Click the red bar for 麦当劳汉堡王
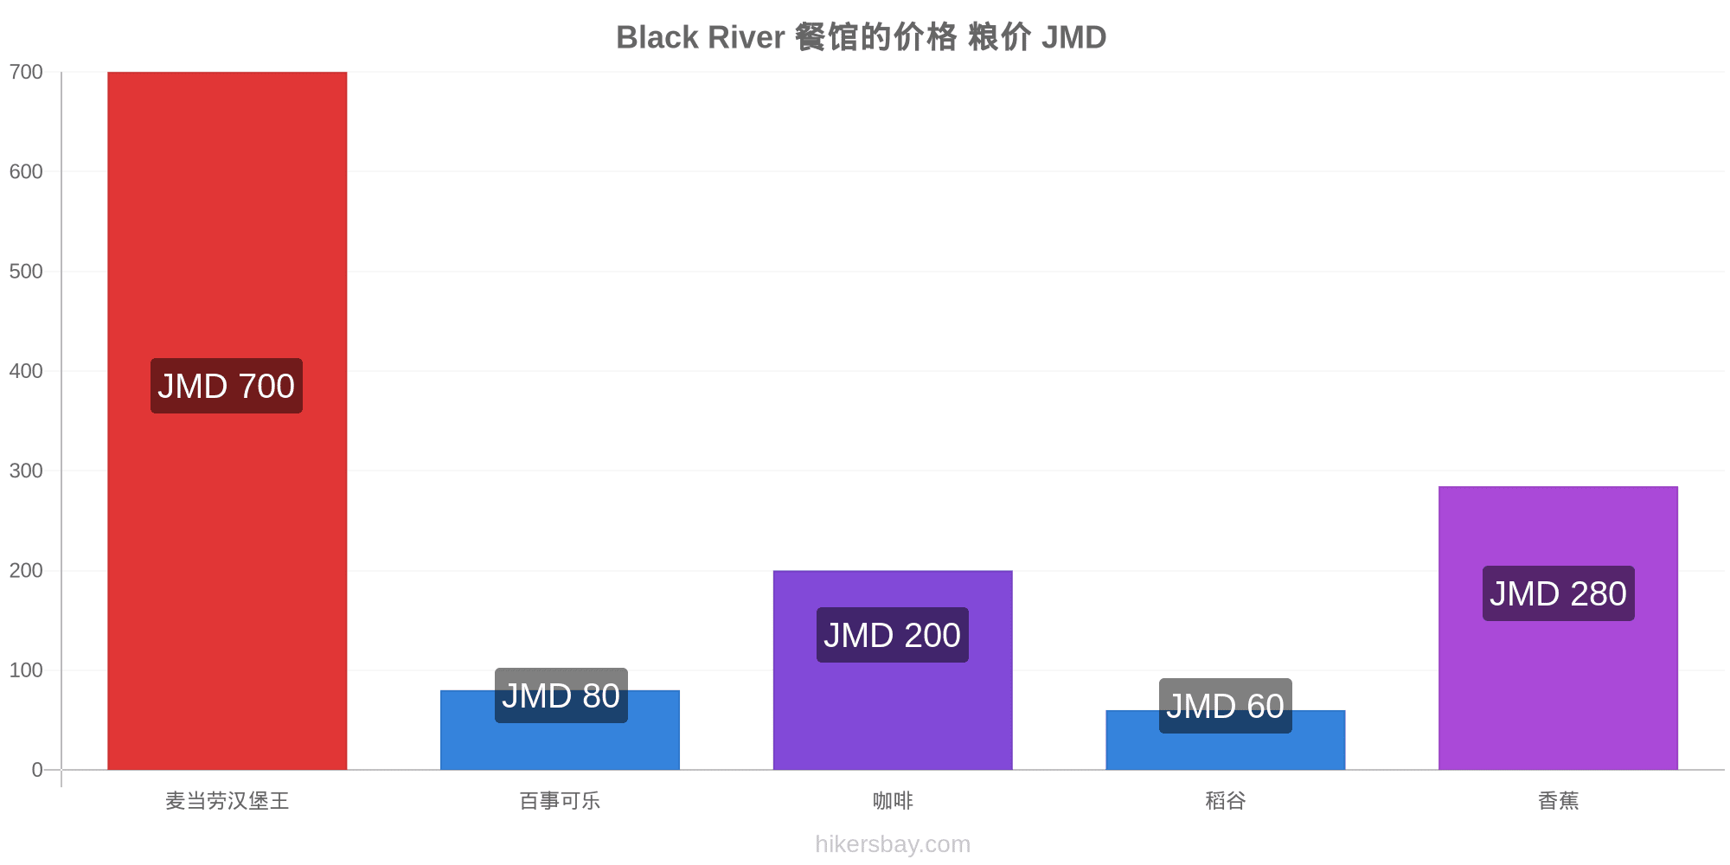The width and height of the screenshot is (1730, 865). [227, 420]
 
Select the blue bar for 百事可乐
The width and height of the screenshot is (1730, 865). [560, 730]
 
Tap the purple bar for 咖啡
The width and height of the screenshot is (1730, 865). [893, 670]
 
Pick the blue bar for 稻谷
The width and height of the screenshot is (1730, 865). [1225, 740]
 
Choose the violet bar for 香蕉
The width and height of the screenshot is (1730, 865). [1558, 628]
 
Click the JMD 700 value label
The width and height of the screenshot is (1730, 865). [227, 386]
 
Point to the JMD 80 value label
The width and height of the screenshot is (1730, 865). [561, 695]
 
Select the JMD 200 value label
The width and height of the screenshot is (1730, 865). [893, 635]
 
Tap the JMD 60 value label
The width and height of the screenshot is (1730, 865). [1226, 706]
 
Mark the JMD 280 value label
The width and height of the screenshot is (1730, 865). [1559, 593]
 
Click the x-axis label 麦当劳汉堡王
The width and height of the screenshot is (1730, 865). [227, 801]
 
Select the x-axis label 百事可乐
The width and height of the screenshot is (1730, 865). [560, 801]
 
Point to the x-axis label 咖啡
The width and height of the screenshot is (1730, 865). [893, 801]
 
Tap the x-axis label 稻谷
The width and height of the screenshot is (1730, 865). [1226, 801]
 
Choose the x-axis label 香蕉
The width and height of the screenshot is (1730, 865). [1559, 801]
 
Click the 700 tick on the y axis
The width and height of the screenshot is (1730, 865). [26, 73]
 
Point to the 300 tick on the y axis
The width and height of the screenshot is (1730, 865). [26, 471]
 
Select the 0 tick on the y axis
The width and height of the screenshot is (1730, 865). [37, 770]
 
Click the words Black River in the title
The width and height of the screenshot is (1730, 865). [701, 37]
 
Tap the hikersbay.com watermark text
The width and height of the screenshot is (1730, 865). [893, 844]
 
